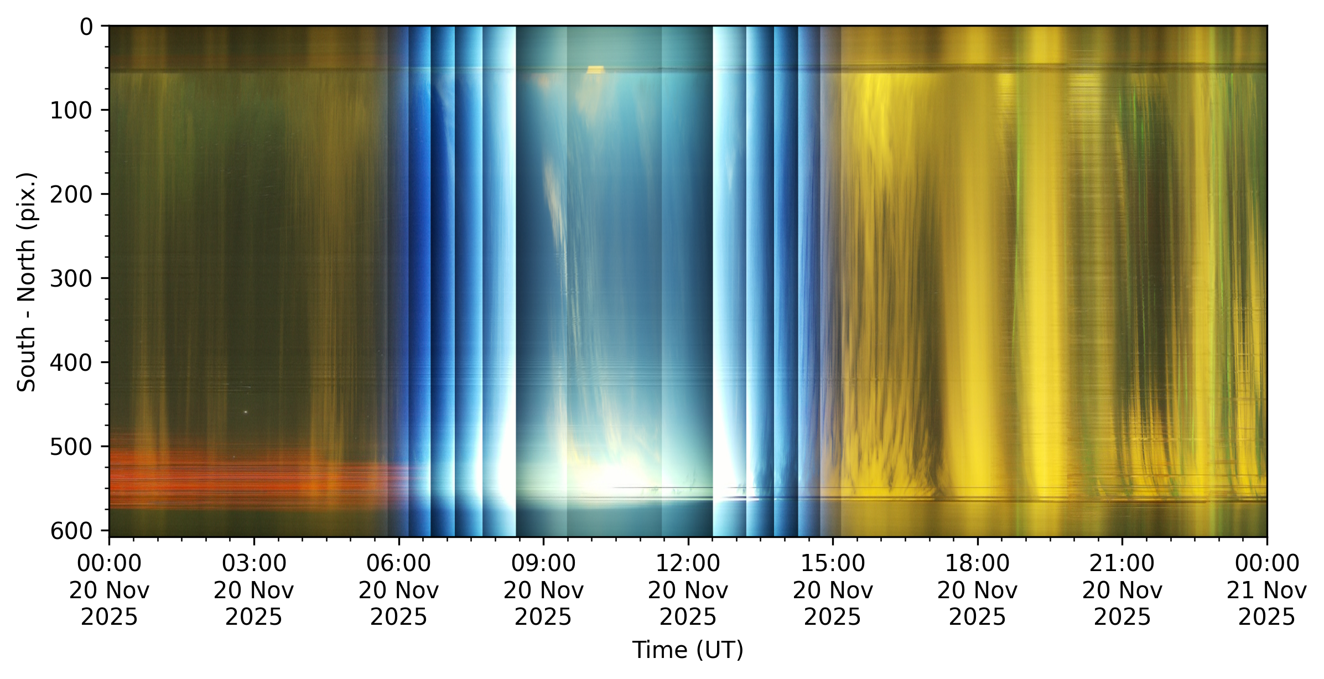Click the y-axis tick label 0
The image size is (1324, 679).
tap(86, 27)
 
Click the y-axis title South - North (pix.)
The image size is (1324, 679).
tap(27, 282)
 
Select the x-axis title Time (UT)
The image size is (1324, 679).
tap(688, 650)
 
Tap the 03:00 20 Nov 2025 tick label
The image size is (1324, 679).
tap(254, 590)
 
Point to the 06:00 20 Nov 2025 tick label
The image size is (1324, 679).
tap(398, 590)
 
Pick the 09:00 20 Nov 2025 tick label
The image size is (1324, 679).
tap(543, 590)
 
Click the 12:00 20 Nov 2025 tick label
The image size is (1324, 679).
tap(688, 590)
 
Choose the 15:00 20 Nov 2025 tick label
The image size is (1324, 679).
tap(833, 590)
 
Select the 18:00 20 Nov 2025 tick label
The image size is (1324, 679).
tap(977, 590)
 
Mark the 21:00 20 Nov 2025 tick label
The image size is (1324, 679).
tap(1122, 590)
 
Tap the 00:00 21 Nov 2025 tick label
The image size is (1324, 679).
tap(1266, 590)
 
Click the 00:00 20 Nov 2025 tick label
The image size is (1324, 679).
tap(109, 590)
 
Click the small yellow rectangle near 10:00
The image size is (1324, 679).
tap(595, 70)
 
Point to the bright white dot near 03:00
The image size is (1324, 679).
tap(245, 412)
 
